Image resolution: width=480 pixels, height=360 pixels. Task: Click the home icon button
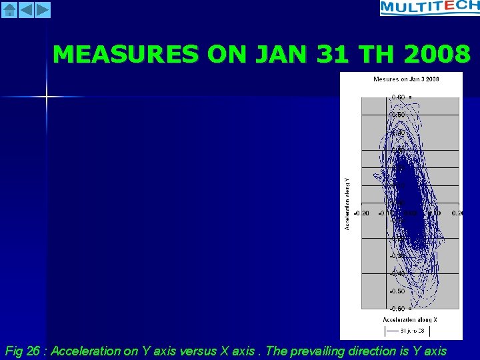9,9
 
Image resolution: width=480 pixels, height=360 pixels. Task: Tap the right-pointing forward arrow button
42,9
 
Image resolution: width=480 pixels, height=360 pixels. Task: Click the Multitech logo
429,8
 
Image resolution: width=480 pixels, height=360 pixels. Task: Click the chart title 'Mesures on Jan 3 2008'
406,79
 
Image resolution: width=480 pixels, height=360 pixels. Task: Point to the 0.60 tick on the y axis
397,97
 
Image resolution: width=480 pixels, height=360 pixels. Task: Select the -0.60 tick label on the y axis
397,309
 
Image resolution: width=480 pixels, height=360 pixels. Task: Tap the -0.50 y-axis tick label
397,291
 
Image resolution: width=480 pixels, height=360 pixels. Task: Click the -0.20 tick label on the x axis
362,213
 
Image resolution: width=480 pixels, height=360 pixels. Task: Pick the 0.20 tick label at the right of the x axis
456,213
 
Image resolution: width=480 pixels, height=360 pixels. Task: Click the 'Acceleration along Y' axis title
347,203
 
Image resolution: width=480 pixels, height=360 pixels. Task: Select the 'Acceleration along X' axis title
410,320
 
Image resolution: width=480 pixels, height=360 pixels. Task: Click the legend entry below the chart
407,331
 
